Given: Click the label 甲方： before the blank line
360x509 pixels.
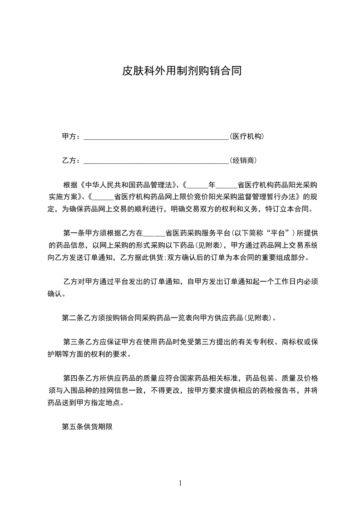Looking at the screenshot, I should tap(71, 137).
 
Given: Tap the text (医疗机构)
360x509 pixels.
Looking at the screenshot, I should tap(247, 137).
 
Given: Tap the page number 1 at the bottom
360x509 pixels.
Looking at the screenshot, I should tap(180, 483).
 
